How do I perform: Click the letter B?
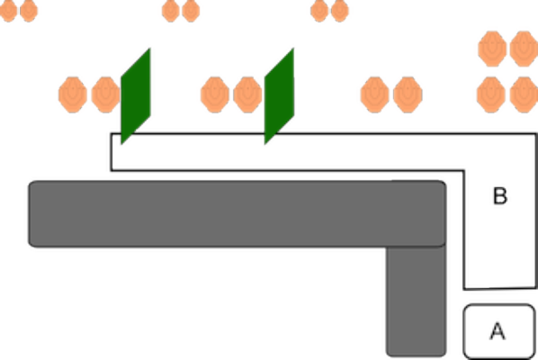coord(500,196)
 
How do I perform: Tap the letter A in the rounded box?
coord(498,331)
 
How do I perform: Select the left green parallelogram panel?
coord(136,96)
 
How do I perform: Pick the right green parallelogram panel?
coord(279,96)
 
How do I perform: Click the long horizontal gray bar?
coord(238,213)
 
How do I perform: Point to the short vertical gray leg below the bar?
coord(417,301)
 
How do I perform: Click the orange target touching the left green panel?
coord(105,94)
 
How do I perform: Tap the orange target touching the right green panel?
coord(247,94)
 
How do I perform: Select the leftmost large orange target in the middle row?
coord(73,94)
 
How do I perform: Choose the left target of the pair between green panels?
coord(215,94)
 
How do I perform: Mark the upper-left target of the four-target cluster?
coord(492,49)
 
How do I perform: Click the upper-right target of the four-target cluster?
coord(524,49)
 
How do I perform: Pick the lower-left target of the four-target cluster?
coord(491,94)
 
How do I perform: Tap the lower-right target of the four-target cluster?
coord(524,94)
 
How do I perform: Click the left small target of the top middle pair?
coord(171,11)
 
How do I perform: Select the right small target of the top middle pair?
coord(191,11)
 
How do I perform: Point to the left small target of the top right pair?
coord(319,11)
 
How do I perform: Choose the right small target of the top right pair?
coord(340,11)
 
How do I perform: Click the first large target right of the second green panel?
coord(374,94)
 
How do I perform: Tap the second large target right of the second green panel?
coord(408,94)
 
